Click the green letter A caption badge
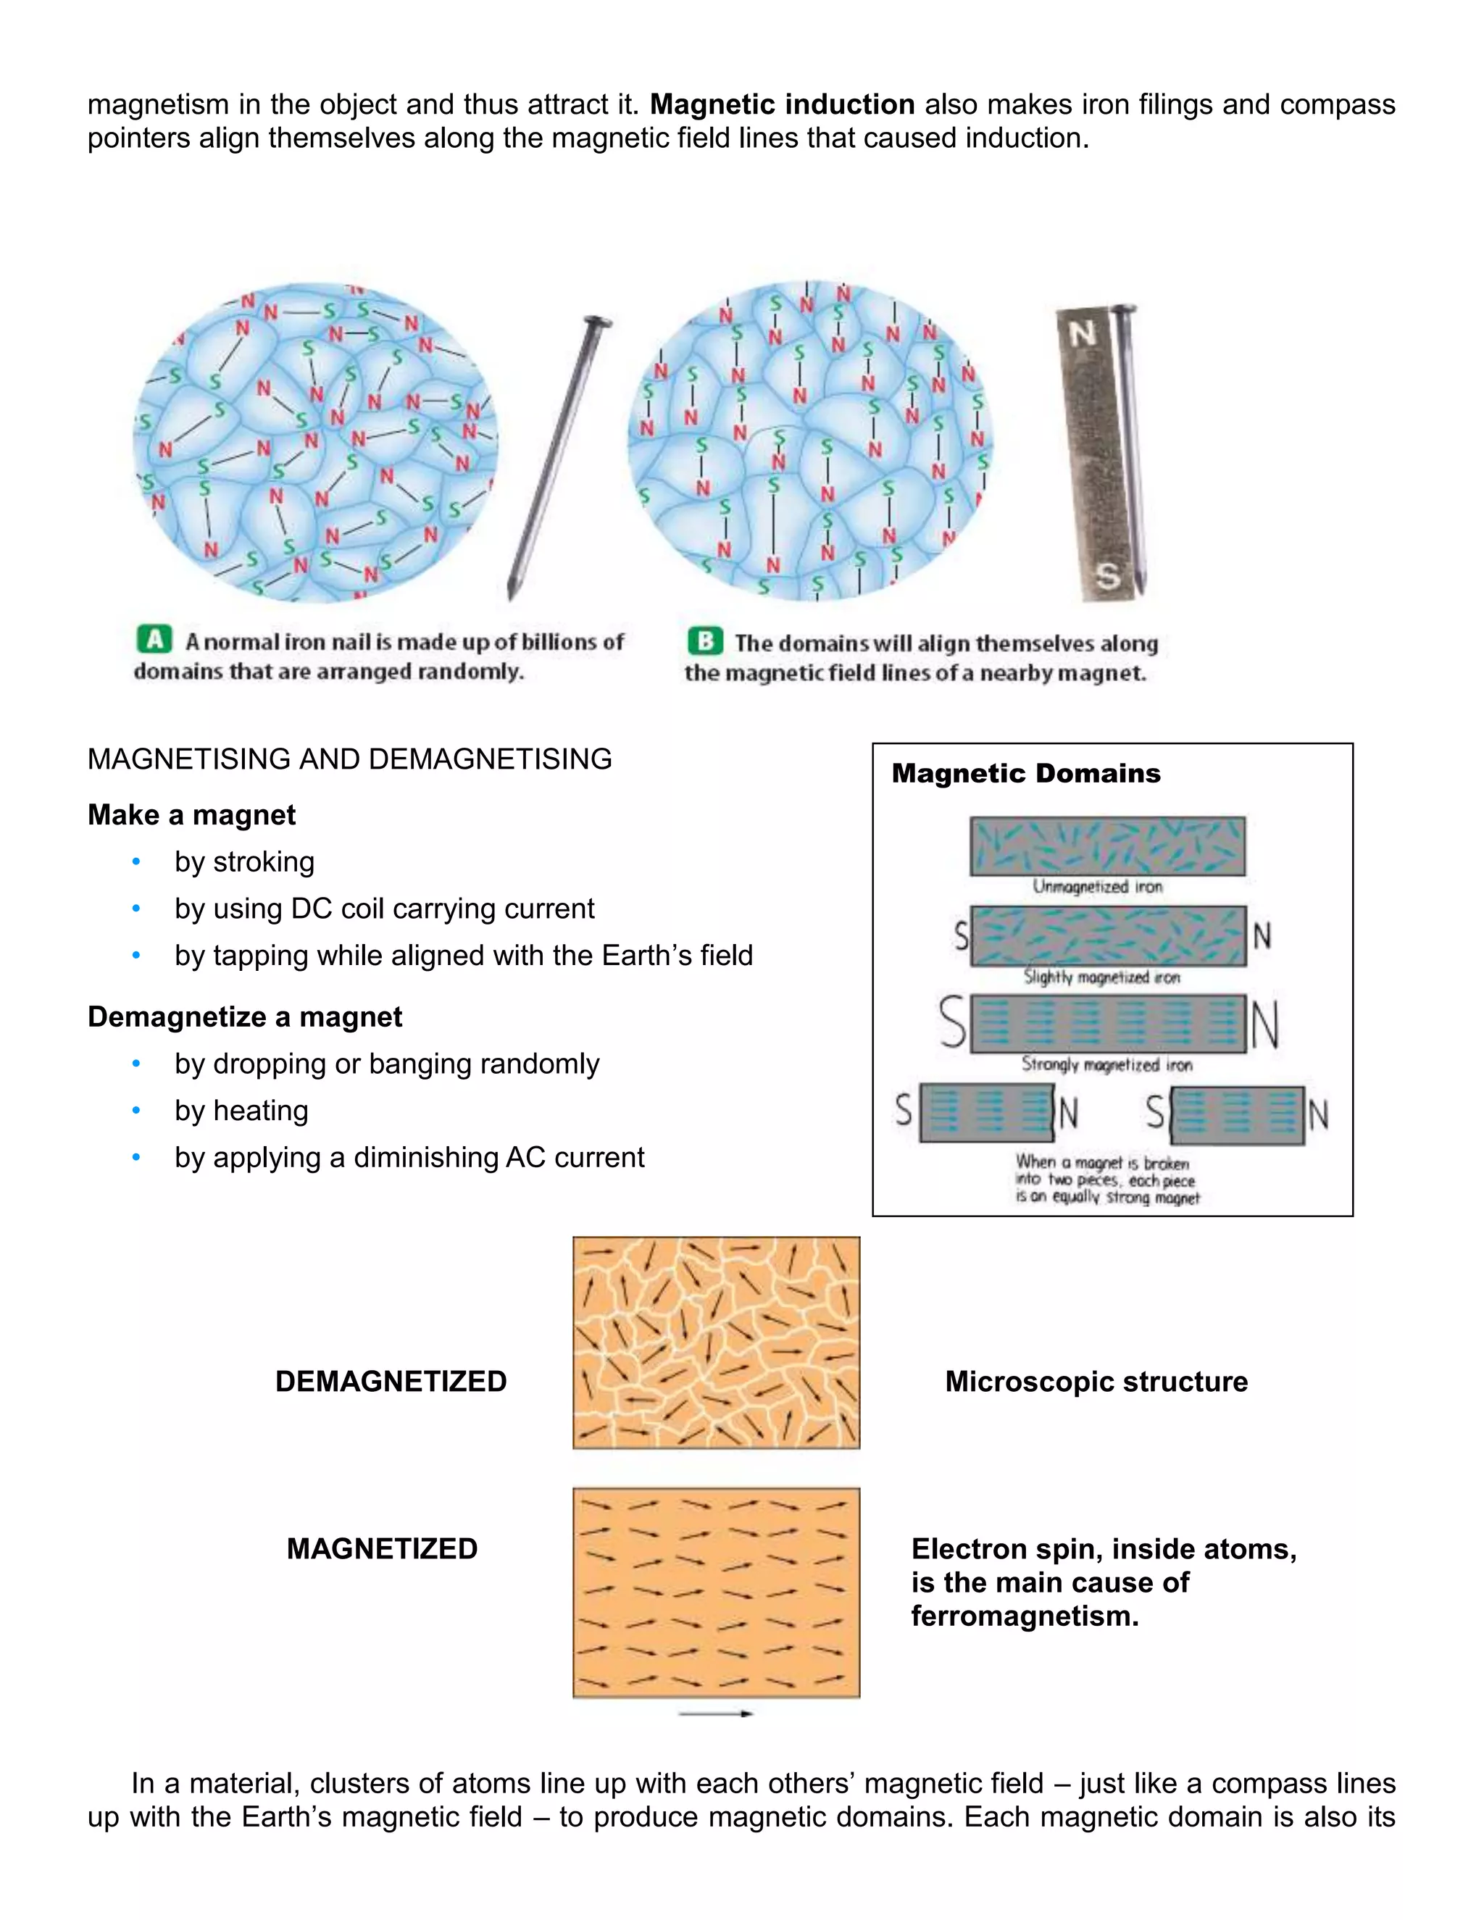[x=155, y=639]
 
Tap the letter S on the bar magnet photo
[x=1108, y=576]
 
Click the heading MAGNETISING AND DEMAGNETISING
[x=349, y=759]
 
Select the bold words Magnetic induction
[x=782, y=104]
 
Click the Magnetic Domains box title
[x=1025, y=773]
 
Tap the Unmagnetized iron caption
[x=1097, y=886]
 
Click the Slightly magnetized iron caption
[x=1101, y=977]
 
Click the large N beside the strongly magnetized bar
[x=1264, y=1025]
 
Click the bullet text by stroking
[x=244, y=861]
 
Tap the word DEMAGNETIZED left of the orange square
[x=391, y=1381]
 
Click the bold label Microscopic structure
[x=1096, y=1381]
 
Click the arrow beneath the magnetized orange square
[x=716, y=1714]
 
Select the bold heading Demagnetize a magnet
[x=244, y=1017]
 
